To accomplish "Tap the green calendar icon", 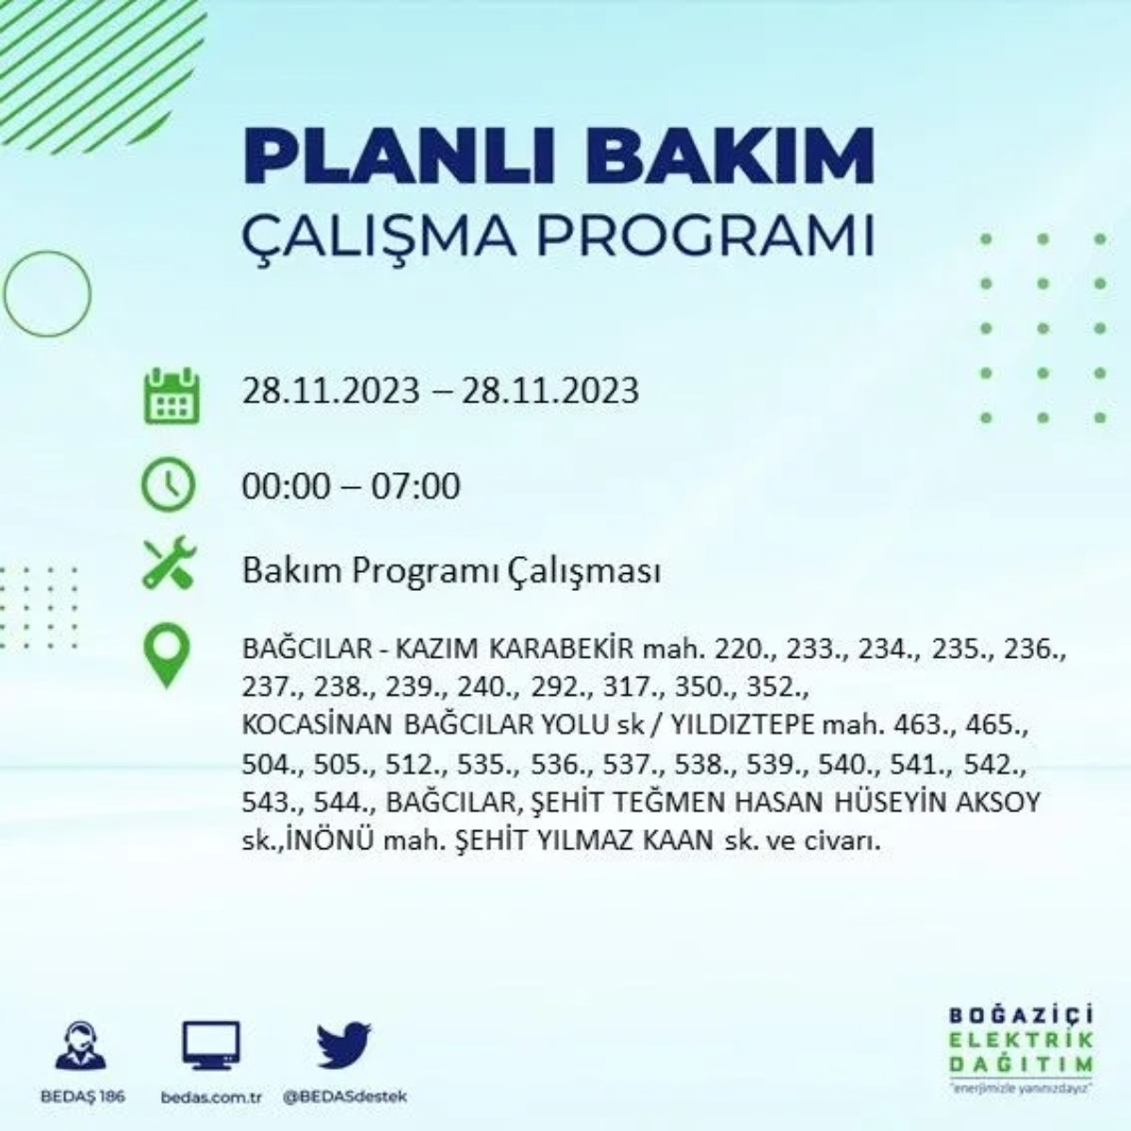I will [x=171, y=396].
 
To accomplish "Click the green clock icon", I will [x=168, y=485].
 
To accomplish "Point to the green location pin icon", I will [x=166, y=657].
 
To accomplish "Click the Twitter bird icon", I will [x=344, y=1047].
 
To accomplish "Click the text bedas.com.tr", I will [x=210, y=1097].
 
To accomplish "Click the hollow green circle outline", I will [x=47, y=294].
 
